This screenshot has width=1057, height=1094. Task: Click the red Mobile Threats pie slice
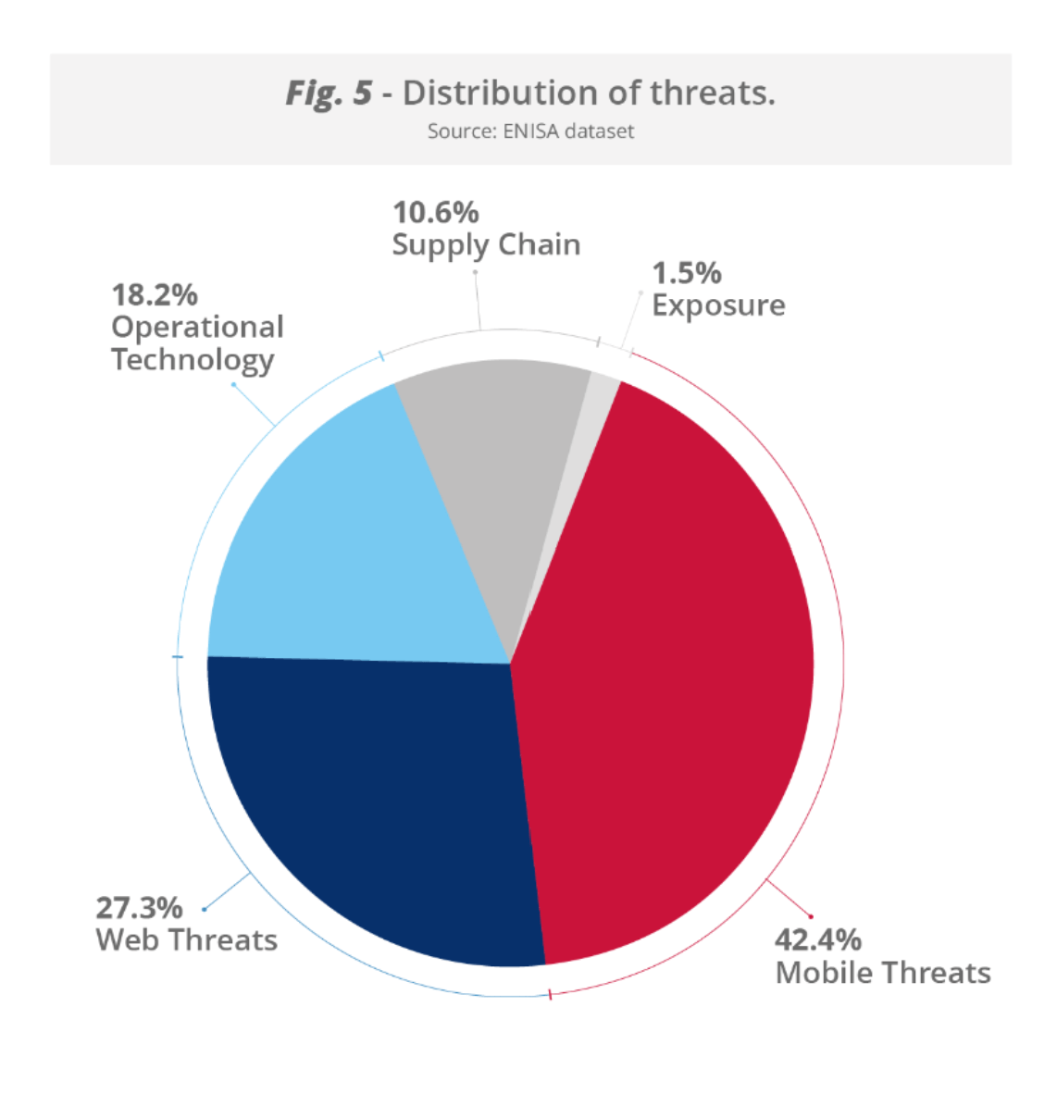coord(666,666)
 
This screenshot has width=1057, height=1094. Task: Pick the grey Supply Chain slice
coord(491,463)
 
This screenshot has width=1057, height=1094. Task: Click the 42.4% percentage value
coord(817,940)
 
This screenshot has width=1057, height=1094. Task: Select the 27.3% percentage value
coord(139,908)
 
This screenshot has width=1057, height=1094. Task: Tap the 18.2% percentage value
coord(155,295)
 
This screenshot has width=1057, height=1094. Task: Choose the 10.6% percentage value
coord(435,213)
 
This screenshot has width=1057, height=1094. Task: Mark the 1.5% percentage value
coord(686,273)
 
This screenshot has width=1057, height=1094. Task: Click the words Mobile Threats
coord(882,973)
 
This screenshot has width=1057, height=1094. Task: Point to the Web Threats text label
coord(186,940)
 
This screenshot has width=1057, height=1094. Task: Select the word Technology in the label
coord(193,359)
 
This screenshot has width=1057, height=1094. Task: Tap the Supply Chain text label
coord(486,245)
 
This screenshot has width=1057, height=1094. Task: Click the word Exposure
coord(718,305)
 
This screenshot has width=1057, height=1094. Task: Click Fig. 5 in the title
coord(329,93)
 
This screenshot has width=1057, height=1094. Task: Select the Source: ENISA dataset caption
coord(530,131)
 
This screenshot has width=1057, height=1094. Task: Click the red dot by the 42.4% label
coord(811,917)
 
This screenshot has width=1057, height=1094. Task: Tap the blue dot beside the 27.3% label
coord(204,910)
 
